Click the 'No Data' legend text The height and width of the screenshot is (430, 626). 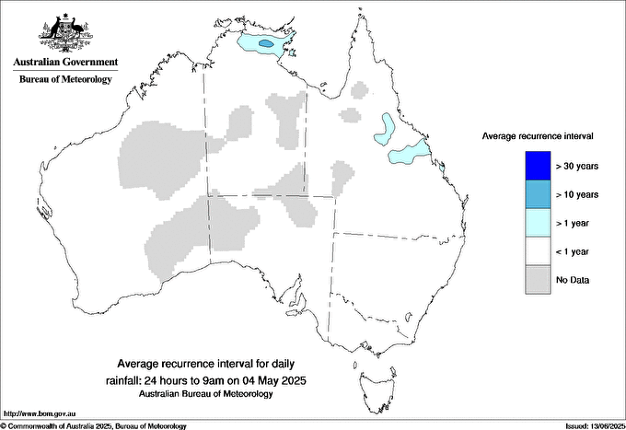coord(573,279)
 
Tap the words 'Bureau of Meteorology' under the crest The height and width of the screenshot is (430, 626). coord(65,80)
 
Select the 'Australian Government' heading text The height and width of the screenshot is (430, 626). coord(65,63)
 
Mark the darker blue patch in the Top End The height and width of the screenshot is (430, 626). coord(266,43)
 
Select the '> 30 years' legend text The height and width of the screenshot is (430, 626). coord(577,166)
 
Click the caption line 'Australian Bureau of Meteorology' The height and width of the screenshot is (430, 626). coord(211,394)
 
